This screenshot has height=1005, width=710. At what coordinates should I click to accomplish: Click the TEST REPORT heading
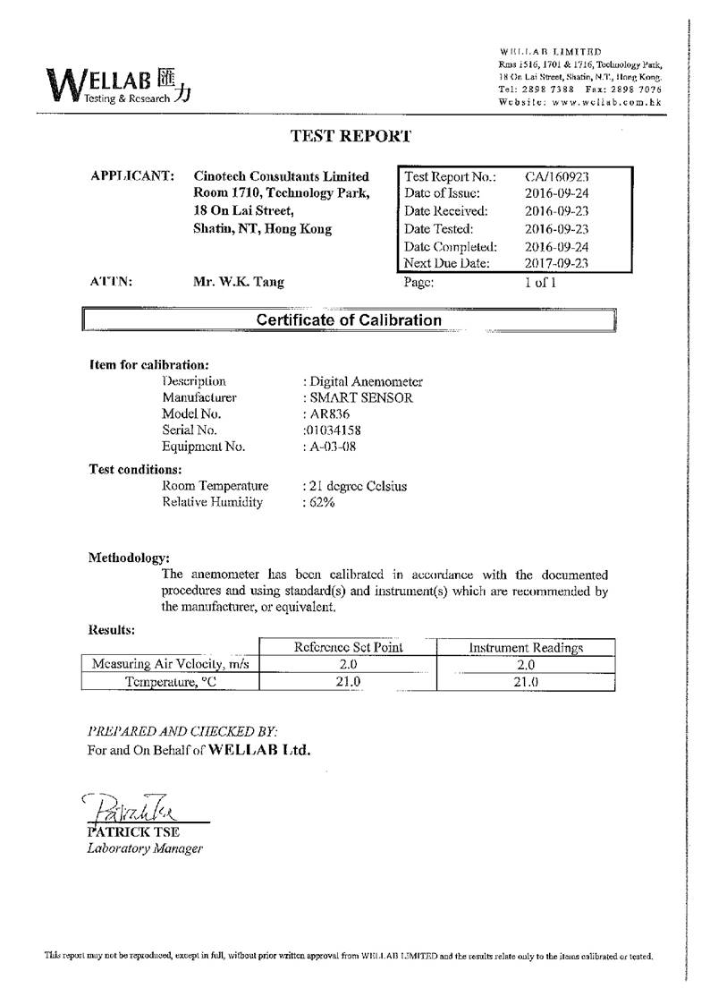pyautogui.click(x=351, y=136)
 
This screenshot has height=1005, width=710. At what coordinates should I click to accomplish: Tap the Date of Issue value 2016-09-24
pyautogui.click(x=556, y=193)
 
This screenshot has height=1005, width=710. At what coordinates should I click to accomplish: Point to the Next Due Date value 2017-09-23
pyautogui.click(x=556, y=263)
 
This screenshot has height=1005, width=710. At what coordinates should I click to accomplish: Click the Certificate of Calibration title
pyautogui.click(x=349, y=319)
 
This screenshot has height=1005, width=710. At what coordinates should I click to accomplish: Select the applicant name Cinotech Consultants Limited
pyautogui.click(x=281, y=176)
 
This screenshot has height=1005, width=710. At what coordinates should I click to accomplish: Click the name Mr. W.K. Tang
pyautogui.click(x=239, y=282)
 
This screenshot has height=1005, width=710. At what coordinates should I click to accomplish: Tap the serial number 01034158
pyautogui.click(x=332, y=430)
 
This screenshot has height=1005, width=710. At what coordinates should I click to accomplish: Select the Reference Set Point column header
pyautogui.click(x=348, y=647)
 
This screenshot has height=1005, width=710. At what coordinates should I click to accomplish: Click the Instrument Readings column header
pyautogui.click(x=526, y=647)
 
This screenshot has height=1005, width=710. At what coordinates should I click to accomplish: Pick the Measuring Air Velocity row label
pyautogui.click(x=170, y=664)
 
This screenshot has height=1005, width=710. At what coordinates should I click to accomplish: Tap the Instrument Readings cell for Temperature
pyautogui.click(x=526, y=681)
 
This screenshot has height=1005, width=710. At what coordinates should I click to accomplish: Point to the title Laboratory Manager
pyautogui.click(x=145, y=848)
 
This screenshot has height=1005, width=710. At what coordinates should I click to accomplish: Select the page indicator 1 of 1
pyautogui.click(x=541, y=282)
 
